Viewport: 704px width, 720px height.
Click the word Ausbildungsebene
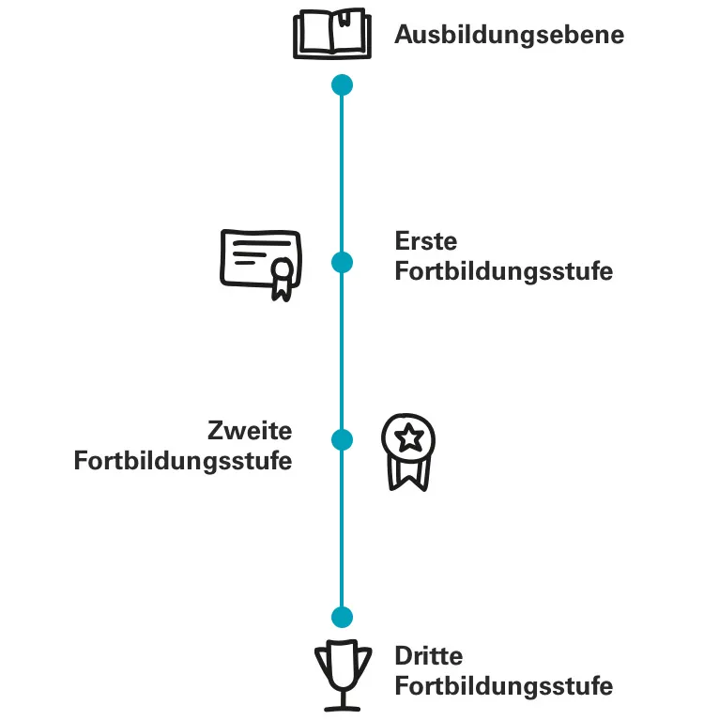click(509, 36)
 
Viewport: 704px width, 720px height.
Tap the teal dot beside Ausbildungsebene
click(343, 85)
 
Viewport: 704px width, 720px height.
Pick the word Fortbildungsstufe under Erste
click(503, 272)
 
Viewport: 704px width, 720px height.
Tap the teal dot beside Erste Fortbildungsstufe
click(343, 262)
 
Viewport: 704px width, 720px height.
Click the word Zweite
click(250, 432)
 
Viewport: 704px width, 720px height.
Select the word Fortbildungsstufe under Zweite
click(183, 463)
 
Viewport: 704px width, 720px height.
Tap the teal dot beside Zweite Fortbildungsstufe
click(343, 439)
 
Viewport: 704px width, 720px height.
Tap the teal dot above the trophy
click(343, 617)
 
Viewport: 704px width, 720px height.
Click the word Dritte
click(429, 656)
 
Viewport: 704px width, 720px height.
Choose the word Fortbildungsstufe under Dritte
click(503, 686)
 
